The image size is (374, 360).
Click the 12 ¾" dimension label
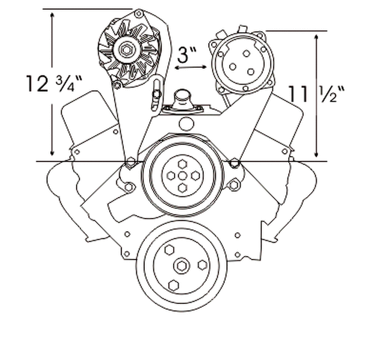[x=54, y=84]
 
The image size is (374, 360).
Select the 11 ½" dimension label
[x=317, y=94]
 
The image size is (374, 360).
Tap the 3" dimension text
[x=187, y=55]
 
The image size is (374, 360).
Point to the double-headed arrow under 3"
[x=191, y=68]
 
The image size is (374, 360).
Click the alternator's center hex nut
[x=126, y=50]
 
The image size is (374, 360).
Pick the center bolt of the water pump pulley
[x=182, y=176]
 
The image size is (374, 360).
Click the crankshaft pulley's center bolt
[x=182, y=265]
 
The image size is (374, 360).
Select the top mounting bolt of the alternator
[x=138, y=13]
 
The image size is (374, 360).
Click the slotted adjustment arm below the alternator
[x=157, y=95]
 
